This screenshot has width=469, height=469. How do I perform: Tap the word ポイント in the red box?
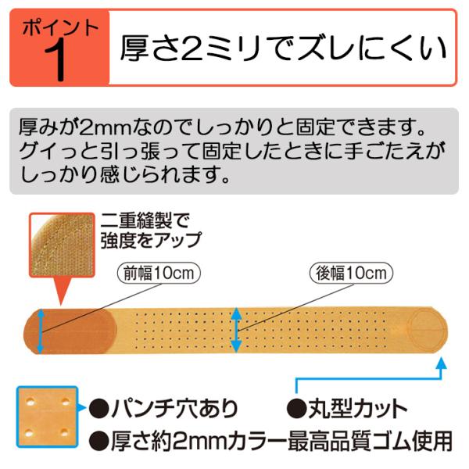pos(60,28)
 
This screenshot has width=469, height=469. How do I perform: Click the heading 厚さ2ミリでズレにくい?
pos(283,48)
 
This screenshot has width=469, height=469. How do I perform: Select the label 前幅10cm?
pos(159,274)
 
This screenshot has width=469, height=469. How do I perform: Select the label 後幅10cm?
pos(351,273)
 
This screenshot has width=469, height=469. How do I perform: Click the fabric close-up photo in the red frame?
pos(62,245)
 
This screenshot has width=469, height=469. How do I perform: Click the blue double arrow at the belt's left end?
pos(41,331)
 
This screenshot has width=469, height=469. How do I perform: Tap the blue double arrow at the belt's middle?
pos(236,330)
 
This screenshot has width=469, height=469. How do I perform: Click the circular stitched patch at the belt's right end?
pos(427,328)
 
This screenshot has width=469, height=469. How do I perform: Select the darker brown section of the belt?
pos(70,331)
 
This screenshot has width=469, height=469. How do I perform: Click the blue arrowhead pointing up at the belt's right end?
pos(441,363)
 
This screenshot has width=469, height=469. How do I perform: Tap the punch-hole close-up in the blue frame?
pos(47,417)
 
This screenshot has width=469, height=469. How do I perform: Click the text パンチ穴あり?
pos(175,408)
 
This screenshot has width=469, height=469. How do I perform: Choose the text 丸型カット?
pos(358,408)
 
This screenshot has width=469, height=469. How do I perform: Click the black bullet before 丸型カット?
pos(297,409)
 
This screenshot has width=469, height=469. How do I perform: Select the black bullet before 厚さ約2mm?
pos(99,441)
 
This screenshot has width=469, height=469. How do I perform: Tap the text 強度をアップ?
pos(152,240)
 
